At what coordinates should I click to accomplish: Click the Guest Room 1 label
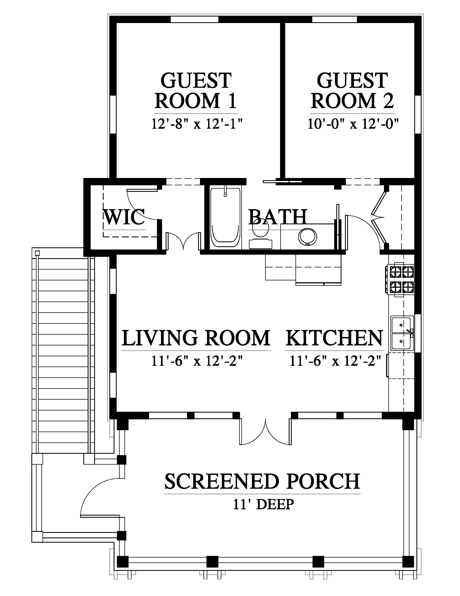pyautogui.click(x=196, y=90)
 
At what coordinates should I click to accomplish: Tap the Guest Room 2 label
pyautogui.click(x=352, y=90)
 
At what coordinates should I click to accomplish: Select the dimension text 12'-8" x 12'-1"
pyautogui.click(x=197, y=124)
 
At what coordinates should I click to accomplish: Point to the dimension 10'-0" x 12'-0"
pyautogui.click(x=353, y=124)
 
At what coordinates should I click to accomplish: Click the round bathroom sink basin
pyautogui.click(x=308, y=236)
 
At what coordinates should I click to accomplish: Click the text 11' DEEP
pyautogui.click(x=264, y=505)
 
